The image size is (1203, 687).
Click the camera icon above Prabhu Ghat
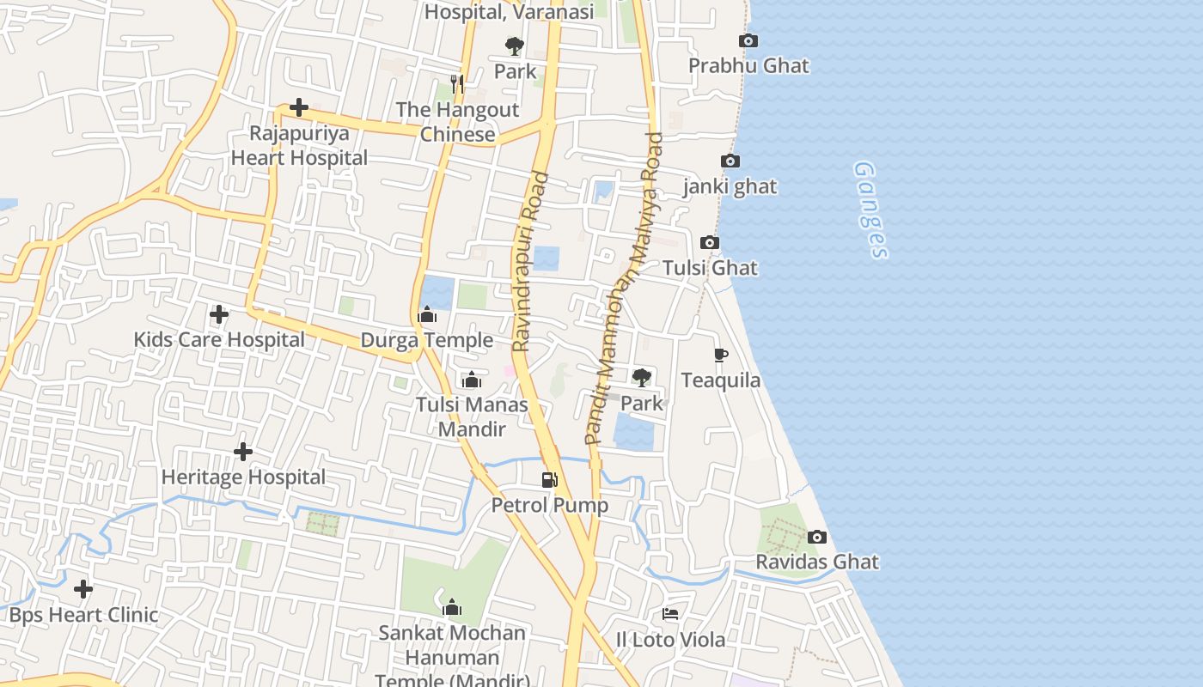point(748,40)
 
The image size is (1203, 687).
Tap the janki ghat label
point(730,186)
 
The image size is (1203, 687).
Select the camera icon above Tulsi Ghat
point(710,243)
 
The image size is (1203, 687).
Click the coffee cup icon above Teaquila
point(721,355)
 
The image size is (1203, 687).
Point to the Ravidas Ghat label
point(816,562)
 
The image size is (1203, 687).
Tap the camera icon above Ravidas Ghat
point(817,538)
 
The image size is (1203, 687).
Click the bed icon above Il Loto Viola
point(670,614)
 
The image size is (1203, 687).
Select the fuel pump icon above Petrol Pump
point(549,480)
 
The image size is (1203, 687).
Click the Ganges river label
point(871,210)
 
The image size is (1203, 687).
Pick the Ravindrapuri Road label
point(530,262)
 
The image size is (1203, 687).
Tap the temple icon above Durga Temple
point(427,315)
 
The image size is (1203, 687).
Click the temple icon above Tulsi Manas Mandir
point(472,380)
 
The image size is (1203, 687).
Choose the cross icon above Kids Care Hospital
point(219,314)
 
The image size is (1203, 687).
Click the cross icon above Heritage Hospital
point(243,452)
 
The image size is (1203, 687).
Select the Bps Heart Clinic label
point(83,615)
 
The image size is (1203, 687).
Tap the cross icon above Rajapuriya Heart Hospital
point(299,108)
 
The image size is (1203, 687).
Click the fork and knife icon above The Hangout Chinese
point(457,83)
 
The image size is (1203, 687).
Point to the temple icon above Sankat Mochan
point(452,608)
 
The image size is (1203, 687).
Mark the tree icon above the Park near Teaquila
point(641,377)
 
